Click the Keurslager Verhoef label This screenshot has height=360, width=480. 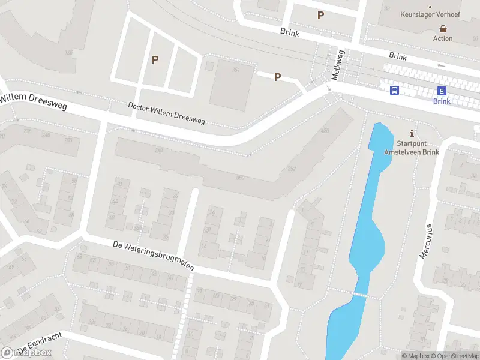[x=430, y=13]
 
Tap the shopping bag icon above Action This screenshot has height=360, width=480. [x=443, y=28]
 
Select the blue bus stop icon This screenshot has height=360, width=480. [x=395, y=90]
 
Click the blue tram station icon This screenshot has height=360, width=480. [x=442, y=91]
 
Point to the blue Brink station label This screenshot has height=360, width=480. [x=442, y=101]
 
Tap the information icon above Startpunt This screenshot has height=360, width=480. [x=411, y=133]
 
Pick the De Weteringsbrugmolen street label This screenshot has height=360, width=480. [x=154, y=256]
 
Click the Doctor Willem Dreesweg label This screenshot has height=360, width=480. [x=167, y=113]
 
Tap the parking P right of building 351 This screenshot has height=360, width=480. [x=277, y=77]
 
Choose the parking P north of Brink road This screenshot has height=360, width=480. [x=321, y=15]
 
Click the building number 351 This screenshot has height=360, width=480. [x=236, y=70]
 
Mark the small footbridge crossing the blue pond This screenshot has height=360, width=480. [x=359, y=295]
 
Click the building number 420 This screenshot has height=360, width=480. [x=325, y=130]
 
